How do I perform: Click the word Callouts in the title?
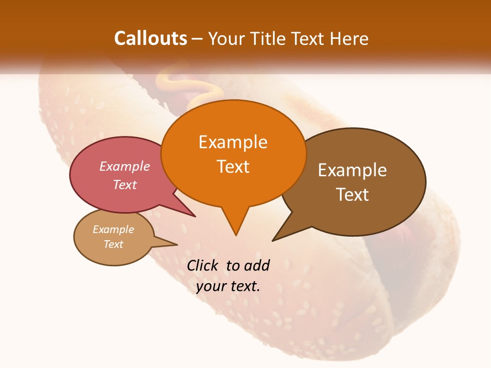150,38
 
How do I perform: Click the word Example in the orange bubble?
233,142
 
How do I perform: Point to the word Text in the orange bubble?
233,167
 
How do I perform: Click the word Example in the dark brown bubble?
352,170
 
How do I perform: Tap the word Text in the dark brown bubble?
352,195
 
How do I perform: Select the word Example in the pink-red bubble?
125,167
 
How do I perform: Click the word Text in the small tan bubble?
114,244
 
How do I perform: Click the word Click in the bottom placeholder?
203,266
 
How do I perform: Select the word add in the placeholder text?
256,266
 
